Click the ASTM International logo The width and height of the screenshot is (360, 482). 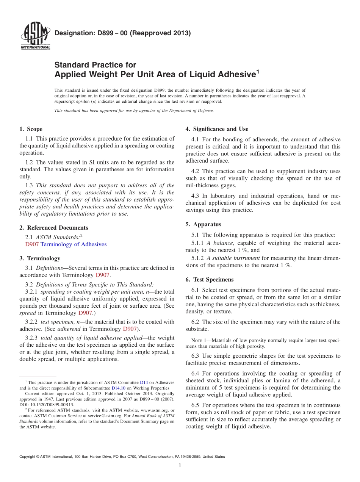35,37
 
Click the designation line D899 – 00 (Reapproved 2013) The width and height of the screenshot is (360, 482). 122,33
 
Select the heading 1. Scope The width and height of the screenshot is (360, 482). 31,129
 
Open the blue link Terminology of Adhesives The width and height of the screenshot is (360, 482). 74,244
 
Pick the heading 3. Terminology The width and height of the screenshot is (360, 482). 39,258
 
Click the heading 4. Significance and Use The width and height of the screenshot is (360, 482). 217,129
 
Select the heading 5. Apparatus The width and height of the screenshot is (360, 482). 203,224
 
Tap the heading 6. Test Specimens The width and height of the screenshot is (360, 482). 209,280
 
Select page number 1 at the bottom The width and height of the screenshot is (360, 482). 180,465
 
